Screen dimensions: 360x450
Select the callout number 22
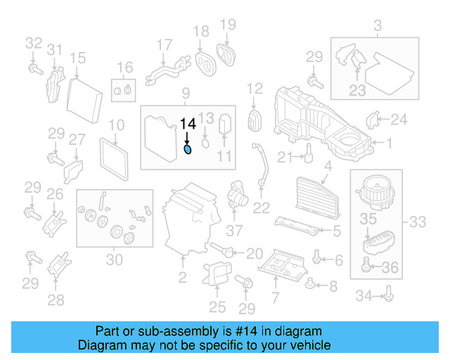(261, 207)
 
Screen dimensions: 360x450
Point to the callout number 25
(217, 307)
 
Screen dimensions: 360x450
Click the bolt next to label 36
(366, 266)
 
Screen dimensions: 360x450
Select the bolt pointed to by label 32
(33, 68)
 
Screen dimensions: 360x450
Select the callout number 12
(254, 89)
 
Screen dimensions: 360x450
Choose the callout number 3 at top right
(377, 27)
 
